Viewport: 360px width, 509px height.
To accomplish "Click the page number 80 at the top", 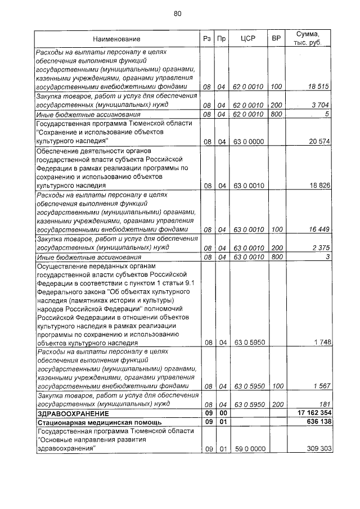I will tap(178, 13).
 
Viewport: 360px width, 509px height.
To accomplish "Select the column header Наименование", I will tap(117, 39).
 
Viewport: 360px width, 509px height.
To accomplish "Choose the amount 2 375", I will tap(320, 247).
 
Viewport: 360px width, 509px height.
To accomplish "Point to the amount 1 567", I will tap(320, 386).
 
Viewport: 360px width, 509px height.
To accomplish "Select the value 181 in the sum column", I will tap(323, 404).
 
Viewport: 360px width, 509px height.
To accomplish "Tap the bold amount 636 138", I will tap(317, 422).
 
